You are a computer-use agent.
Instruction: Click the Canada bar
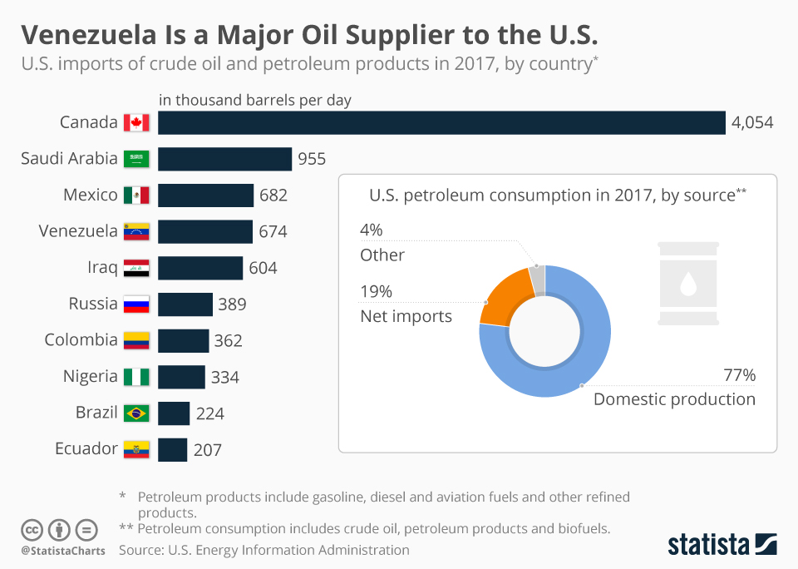441,122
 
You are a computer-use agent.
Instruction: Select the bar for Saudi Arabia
224,159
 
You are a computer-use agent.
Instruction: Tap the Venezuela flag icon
136,231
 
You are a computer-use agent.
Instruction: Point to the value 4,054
752,123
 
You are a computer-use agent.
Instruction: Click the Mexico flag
136,195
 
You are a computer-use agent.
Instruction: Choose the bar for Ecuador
172,449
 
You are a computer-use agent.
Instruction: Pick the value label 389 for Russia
232,304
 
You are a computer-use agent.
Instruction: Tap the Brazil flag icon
136,413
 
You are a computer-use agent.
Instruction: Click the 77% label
738,375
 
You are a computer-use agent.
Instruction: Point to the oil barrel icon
687,284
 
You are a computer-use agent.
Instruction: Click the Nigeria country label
91,376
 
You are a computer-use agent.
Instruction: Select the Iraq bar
200,268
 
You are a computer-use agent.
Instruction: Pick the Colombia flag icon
136,340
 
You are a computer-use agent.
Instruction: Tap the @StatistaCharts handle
63,551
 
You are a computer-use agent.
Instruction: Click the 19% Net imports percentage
376,292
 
